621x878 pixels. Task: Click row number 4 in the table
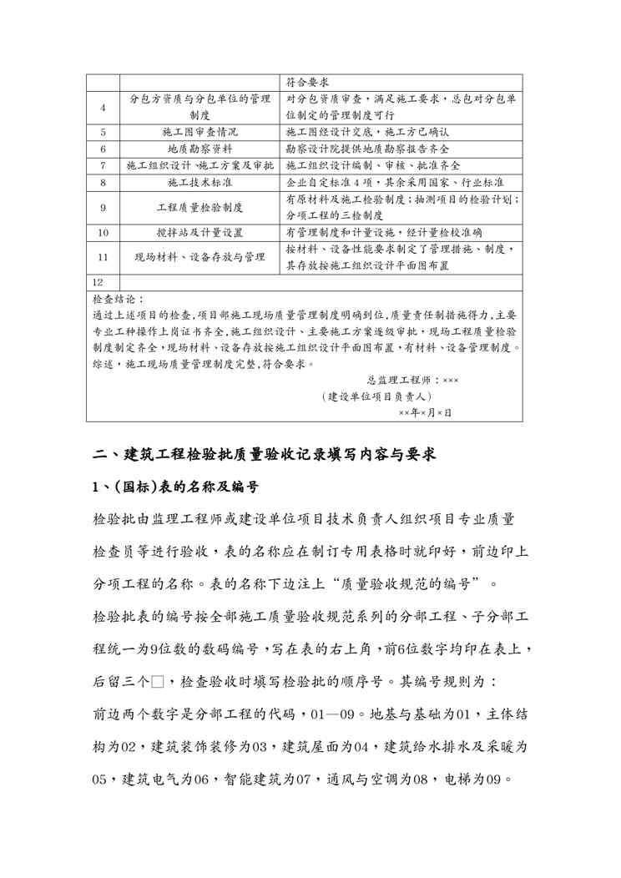pos(103,107)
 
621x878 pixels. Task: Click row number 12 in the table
pos(99,282)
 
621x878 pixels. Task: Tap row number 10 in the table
pos(103,232)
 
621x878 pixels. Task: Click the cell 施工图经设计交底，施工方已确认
pos(368,132)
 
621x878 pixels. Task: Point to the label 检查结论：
pos(119,298)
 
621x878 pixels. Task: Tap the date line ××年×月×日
pos(425,412)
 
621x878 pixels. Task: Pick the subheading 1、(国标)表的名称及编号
pos(175,487)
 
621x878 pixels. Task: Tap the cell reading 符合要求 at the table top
pos(305,83)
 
